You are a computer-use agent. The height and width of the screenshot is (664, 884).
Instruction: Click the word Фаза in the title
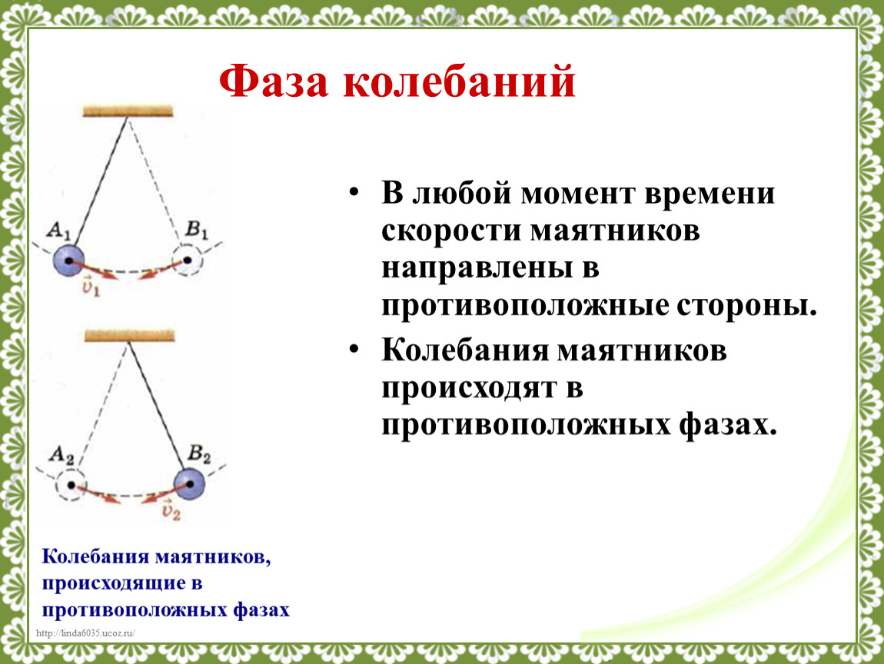[274, 81]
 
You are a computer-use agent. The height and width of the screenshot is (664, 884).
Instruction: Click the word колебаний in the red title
[460, 81]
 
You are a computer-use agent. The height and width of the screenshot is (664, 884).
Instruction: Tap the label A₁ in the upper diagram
[58, 231]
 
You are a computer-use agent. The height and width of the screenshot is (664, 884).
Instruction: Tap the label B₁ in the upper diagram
[197, 230]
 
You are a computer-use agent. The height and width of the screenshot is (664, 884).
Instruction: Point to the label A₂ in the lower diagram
[61, 455]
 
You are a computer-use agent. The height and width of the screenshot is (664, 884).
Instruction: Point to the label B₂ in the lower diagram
[199, 453]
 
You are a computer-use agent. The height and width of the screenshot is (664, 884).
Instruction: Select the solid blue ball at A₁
[68, 261]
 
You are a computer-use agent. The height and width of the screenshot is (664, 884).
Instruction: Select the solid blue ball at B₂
[189, 483]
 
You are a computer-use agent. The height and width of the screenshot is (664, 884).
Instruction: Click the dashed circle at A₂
[71, 469]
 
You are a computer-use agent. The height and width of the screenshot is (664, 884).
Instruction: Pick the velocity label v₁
[90, 287]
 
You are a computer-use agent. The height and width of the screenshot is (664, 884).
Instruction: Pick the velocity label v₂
[171, 511]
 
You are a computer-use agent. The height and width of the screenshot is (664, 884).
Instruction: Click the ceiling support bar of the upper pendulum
[128, 111]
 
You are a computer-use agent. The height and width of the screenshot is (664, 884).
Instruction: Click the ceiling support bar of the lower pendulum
[130, 336]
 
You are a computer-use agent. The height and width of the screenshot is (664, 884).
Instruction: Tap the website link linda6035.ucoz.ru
[85, 633]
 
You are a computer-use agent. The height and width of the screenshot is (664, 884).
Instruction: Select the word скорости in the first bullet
[451, 231]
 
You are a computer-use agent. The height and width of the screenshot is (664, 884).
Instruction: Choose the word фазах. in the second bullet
[728, 424]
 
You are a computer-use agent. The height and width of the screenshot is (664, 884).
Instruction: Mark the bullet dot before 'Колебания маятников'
[354, 350]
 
